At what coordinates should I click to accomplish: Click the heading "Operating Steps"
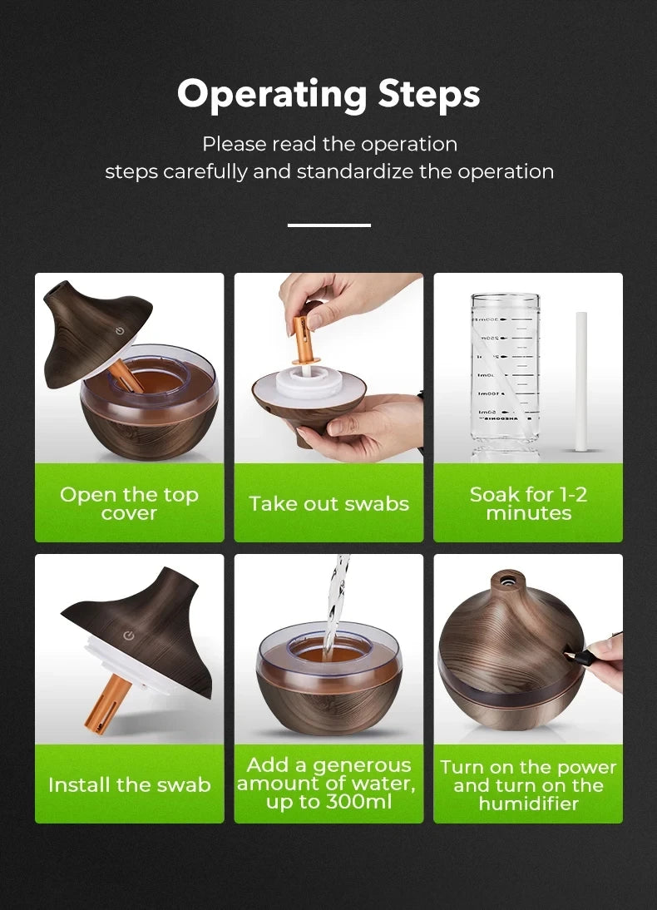tap(328, 95)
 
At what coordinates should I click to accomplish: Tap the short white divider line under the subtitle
tap(328, 225)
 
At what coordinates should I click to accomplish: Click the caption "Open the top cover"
tap(129, 504)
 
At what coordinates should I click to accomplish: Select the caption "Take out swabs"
tap(328, 503)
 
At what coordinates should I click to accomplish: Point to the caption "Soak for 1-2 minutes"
tap(528, 503)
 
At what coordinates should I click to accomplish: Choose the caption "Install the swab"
tap(129, 784)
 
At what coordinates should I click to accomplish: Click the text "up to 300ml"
tap(328, 803)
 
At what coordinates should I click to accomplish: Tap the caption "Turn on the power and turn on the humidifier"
tap(528, 784)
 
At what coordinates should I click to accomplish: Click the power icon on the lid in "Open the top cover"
tap(121, 331)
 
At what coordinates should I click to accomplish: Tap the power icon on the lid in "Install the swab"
tap(129, 636)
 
